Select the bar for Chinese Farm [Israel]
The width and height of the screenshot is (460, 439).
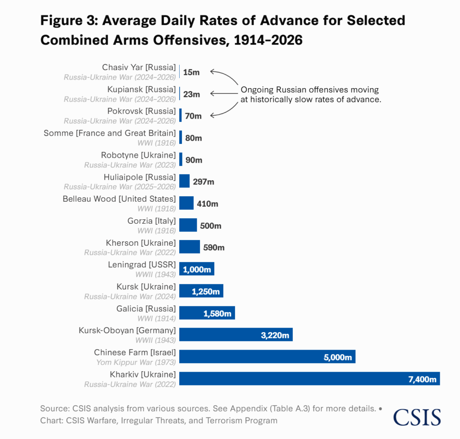tap(267, 357)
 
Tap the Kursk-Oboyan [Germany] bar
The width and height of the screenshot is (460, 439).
tap(236, 335)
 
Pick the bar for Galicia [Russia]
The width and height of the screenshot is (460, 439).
tap(207, 313)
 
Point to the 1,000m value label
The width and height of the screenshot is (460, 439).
tap(196, 270)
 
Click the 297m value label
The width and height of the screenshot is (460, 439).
tap(203, 182)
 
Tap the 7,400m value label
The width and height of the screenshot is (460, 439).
tap(422, 379)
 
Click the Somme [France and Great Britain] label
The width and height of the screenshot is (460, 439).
tap(110, 133)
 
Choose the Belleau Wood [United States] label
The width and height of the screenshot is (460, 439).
tap(119, 199)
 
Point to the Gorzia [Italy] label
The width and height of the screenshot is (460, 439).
tap(152, 221)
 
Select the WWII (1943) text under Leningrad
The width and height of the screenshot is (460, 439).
tap(155, 274)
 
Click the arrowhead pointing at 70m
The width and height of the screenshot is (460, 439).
tap(212, 115)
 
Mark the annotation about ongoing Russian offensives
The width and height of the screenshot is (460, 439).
tap(310, 95)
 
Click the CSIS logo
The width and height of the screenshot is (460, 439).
tap(417, 417)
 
